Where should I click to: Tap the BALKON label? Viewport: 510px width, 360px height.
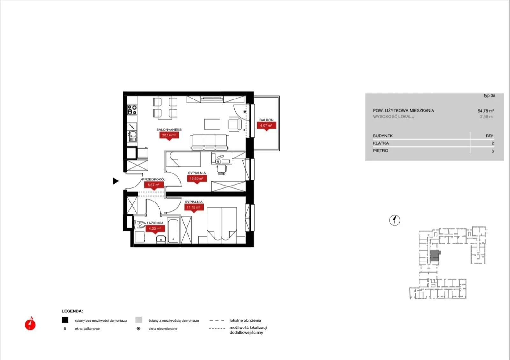[x=266, y=120]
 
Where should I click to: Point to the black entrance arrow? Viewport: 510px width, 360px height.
[x=116, y=181]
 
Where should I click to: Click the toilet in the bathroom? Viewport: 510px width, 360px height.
[x=141, y=225]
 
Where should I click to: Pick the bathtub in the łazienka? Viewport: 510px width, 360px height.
[x=173, y=231]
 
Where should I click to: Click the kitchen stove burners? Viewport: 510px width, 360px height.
[x=132, y=110]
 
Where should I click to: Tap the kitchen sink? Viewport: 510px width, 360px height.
[x=133, y=136]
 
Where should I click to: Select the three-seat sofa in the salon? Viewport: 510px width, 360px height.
[x=209, y=142]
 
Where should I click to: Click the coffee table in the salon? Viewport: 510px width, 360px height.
[x=212, y=124]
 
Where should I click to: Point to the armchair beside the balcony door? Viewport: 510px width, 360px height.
[x=235, y=124]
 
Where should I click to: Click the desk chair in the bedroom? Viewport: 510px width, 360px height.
[x=222, y=169]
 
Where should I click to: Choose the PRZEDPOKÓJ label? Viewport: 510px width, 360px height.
[x=154, y=180]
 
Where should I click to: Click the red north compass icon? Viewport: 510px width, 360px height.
[x=30, y=324]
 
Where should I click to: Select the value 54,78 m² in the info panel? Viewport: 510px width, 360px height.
[x=486, y=111]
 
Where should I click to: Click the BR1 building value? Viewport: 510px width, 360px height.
[x=490, y=136]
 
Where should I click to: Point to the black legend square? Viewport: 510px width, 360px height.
[x=65, y=320]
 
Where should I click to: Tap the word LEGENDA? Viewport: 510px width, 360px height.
[x=72, y=311]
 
